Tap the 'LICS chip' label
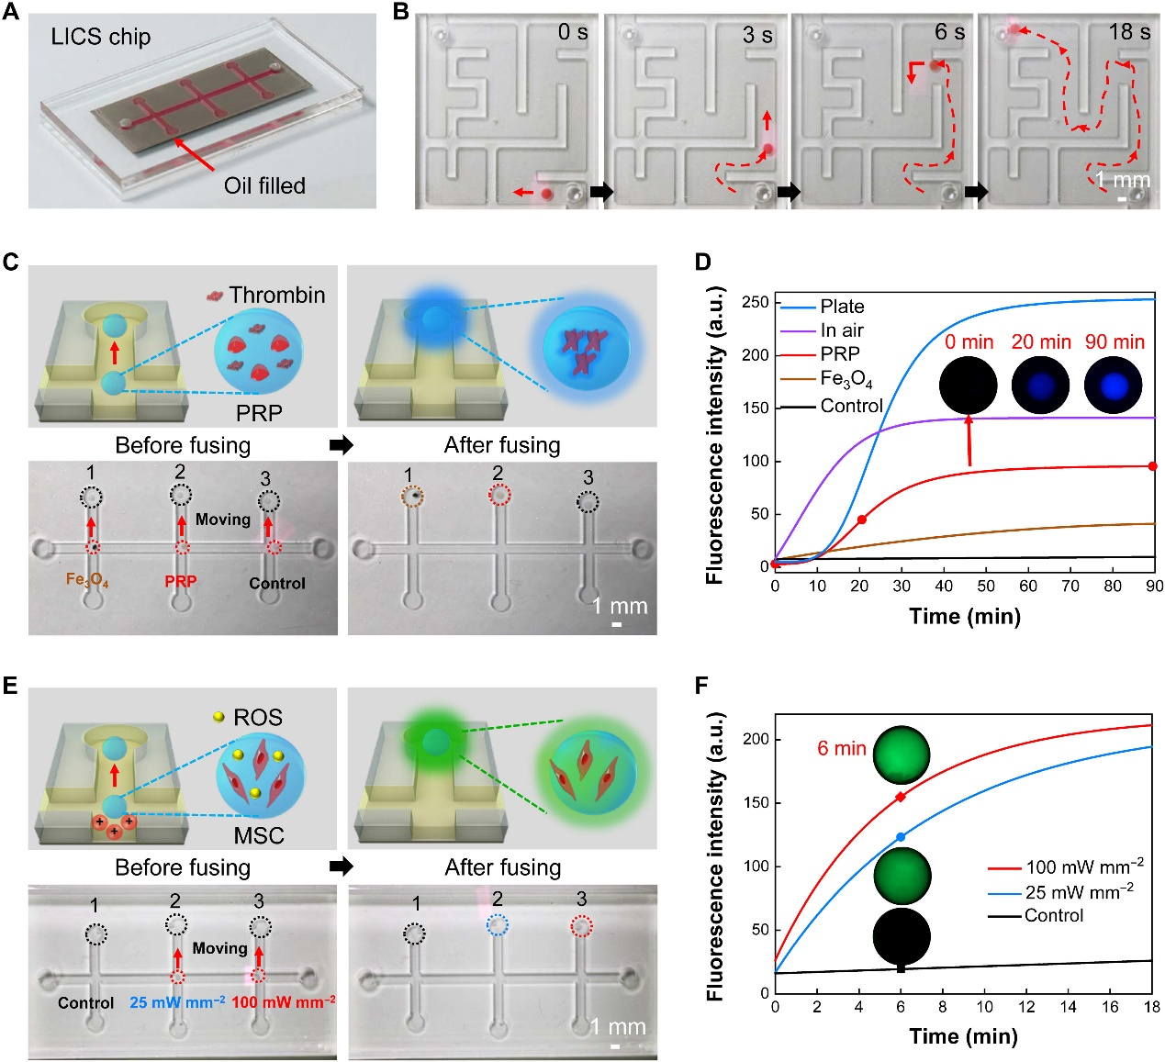(x=101, y=37)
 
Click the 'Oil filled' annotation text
(x=264, y=185)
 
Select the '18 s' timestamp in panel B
(x=1129, y=32)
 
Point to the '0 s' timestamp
(x=573, y=32)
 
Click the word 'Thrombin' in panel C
(x=277, y=295)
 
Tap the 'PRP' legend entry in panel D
(x=840, y=354)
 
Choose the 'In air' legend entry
(x=842, y=330)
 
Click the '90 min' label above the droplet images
(x=1115, y=342)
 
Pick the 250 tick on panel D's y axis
(x=756, y=302)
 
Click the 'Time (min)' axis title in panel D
(x=965, y=616)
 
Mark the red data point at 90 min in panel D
(x=1153, y=466)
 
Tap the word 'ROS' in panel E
(x=258, y=717)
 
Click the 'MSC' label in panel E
(x=259, y=836)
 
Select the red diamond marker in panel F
(x=901, y=797)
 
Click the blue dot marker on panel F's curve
(x=901, y=837)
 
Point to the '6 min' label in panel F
(x=842, y=748)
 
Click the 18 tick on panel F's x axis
(x=1152, y=1007)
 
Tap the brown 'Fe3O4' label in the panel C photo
(x=87, y=581)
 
